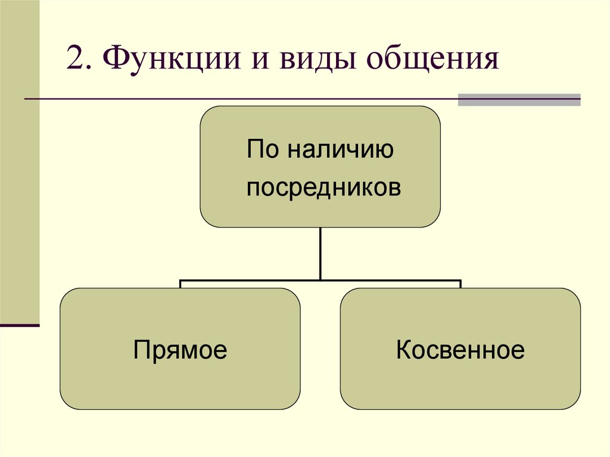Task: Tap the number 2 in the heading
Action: [74, 61]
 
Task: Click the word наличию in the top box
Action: [339, 150]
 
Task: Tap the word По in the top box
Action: [263, 150]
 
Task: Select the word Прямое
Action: [180, 350]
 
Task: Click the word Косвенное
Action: [460, 350]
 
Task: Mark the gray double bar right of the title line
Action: [519, 100]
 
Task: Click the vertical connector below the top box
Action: [320, 253]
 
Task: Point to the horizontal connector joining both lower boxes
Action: [320, 279]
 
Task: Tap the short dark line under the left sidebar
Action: [20, 325]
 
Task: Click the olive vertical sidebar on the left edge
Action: [20, 161]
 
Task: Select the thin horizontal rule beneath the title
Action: [238, 98]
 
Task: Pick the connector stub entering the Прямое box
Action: [180, 284]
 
